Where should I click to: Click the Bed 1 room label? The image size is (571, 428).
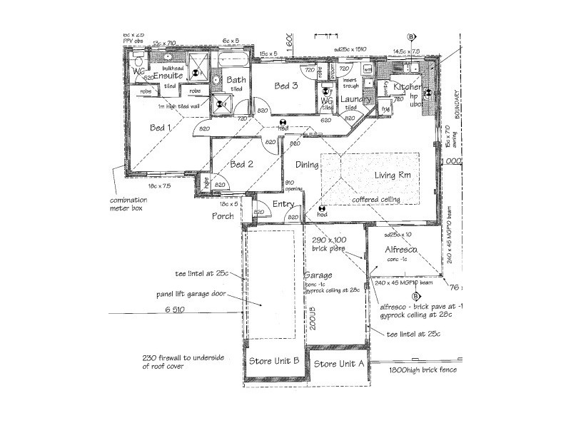(x=160, y=128)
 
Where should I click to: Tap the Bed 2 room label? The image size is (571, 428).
(x=243, y=163)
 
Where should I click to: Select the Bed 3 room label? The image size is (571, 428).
(x=285, y=86)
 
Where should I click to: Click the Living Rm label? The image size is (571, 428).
(x=395, y=175)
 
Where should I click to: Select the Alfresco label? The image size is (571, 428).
(x=401, y=250)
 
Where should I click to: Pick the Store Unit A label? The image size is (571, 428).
(x=340, y=363)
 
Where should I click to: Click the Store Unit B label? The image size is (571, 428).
(x=273, y=360)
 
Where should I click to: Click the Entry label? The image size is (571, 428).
(x=284, y=205)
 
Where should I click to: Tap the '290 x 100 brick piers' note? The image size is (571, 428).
(x=329, y=245)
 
